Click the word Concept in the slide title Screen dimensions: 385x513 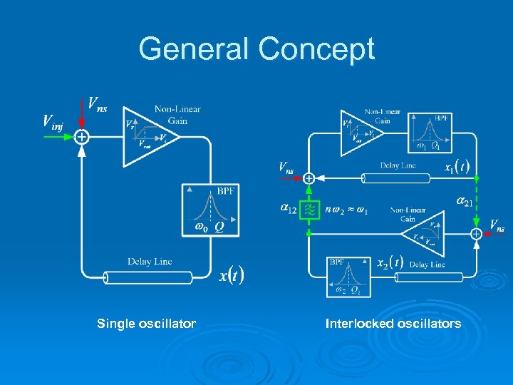(316, 50)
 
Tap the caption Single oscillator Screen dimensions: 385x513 (146, 324)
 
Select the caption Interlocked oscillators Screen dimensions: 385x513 (393, 324)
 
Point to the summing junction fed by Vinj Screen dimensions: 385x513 (83, 136)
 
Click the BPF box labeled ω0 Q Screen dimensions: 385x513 (210, 210)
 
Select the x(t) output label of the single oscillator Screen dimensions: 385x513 (232, 274)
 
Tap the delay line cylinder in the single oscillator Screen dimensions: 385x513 (148, 277)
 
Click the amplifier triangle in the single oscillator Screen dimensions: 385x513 (146, 136)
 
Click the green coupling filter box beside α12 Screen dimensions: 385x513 (309, 210)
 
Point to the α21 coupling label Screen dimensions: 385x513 (465, 202)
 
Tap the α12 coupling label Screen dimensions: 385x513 (289, 209)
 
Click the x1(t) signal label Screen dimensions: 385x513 (457, 168)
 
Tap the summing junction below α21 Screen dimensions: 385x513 (475, 233)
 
